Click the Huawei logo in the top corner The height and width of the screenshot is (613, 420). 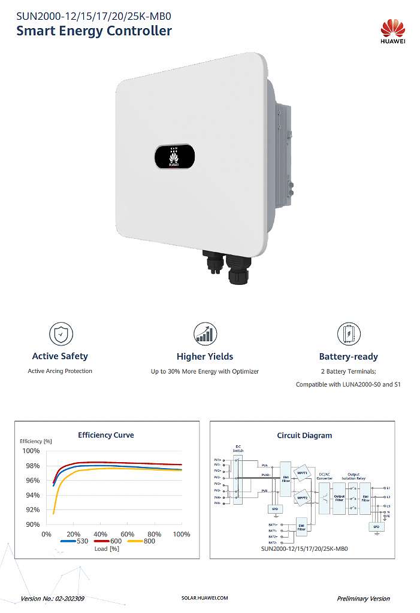click(x=393, y=31)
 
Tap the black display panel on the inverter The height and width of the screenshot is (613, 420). click(x=174, y=156)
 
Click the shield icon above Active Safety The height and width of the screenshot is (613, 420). click(x=60, y=333)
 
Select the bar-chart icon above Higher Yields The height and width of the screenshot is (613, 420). click(x=205, y=333)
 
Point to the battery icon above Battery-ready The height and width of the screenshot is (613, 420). click(x=349, y=333)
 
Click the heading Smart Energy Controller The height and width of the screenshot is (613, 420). click(x=94, y=31)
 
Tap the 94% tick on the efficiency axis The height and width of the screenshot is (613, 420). click(x=31, y=495)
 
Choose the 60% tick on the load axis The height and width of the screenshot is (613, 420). click(x=127, y=534)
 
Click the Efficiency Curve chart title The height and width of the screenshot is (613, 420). click(x=106, y=435)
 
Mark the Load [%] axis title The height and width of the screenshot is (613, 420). click(x=107, y=548)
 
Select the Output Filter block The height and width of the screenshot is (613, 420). click(x=339, y=498)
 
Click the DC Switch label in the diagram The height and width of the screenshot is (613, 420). click(x=238, y=449)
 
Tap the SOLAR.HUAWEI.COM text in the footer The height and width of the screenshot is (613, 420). click(x=204, y=598)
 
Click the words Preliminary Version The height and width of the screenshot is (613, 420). click(x=363, y=598)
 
